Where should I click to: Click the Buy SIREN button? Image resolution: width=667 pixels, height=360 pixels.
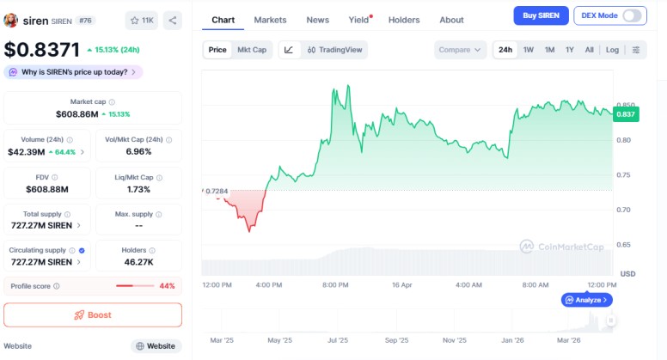pyautogui.click(x=541, y=15)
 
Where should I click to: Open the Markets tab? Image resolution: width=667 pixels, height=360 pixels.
pyautogui.click(x=271, y=20)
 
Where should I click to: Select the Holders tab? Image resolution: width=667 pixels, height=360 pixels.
pyautogui.click(x=405, y=20)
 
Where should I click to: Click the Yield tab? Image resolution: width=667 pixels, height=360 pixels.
pyautogui.click(x=358, y=20)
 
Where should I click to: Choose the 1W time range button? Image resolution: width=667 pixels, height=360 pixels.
pyautogui.click(x=529, y=50)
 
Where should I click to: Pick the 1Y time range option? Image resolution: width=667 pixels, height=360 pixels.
pyautogui.click(x=570, y=50)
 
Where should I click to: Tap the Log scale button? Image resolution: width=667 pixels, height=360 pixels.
pyautogui.click(x=612, y=50)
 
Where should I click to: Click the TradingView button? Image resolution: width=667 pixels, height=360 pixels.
pyautogui.click(x=335, y=50)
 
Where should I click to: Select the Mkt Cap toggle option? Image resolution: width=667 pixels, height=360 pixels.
pyautogui.click(x=252, y=50)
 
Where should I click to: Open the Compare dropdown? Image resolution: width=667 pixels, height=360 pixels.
pyautogui.click(x=460, y=50)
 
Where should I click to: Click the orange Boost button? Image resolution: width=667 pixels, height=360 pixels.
pyautogui.click(x=93, y=315)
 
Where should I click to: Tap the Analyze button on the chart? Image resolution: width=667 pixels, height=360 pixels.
pyautogui.click(x=587, y=300)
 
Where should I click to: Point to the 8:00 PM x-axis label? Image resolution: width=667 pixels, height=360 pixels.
pyautogui.click(x=335, y=284)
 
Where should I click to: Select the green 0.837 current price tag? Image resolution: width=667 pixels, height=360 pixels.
pyautogui.click(x=625, y=114)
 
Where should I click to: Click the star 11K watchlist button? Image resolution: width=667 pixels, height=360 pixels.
pyautogui.click(x=141, y=20)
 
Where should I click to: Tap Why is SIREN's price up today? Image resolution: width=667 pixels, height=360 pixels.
pyautogui.click(x=73, y=72)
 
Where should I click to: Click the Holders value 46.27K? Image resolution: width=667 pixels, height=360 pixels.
pyautogui.click(x=138, y=262)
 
